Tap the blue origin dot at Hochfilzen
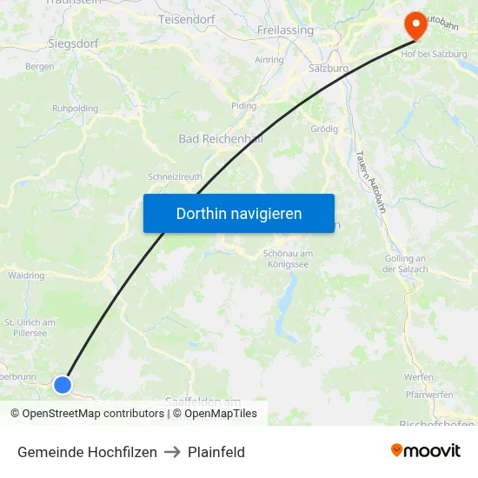[x=63, y=384]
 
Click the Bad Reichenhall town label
[x=220, y=138]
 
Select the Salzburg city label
[x=329, y=68]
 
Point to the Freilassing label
[x=285, y=30]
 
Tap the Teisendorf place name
[x=186, y=18]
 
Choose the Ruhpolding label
[x=75, y=109]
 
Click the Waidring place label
[x=26, y=276]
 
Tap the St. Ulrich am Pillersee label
[x=30, y=327]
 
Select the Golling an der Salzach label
[x=404, y=263]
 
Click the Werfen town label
[x=418, y=376]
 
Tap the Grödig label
[x=324, y=129]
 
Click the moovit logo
[x=425, y=451]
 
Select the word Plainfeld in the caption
[x=216, y=452]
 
